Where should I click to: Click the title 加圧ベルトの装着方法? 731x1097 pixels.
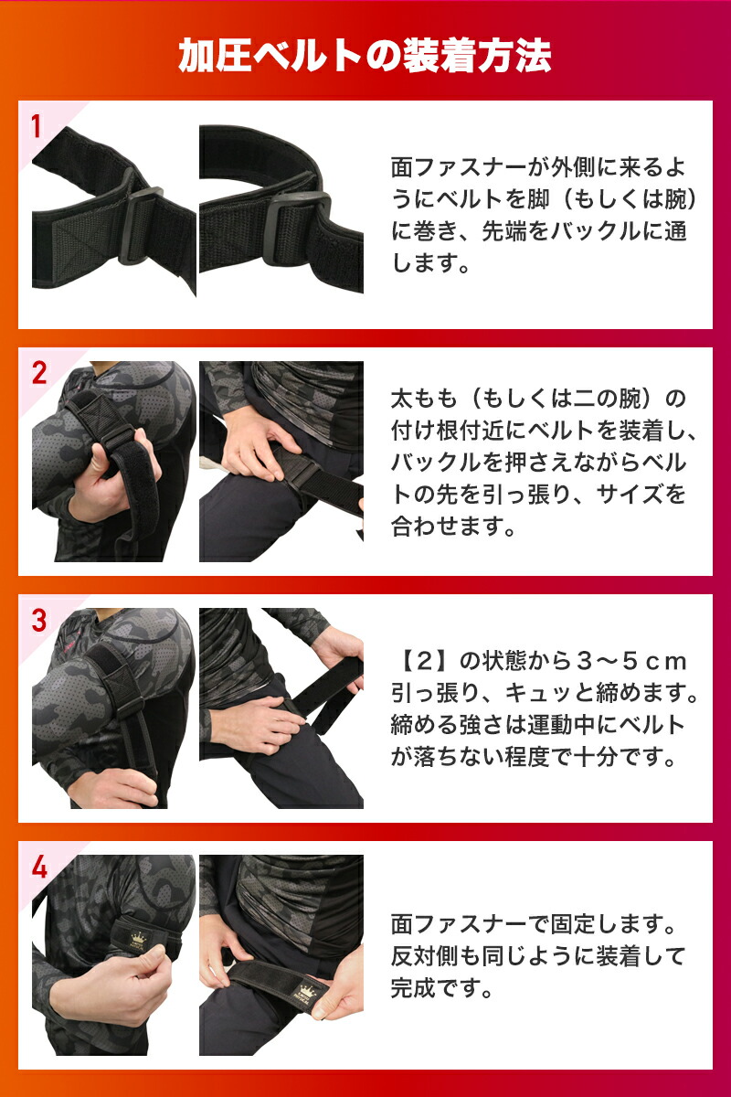[x=365, y=57]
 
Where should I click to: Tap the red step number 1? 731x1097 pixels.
[x=37, y=126]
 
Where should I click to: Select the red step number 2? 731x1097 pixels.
[x=37, y=373]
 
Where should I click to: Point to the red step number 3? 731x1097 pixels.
[x=37, y=620]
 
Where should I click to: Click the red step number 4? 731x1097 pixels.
[x=37, y=867]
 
